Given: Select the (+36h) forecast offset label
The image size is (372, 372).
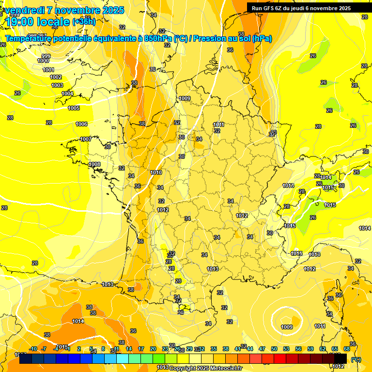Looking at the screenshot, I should pyautogui.click(x=84, y=21).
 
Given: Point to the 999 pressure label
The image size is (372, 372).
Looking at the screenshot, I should pyautogui.click(x=46, y=56).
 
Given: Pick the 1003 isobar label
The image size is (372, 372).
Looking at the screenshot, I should pyautogui.click(x=57, y=85).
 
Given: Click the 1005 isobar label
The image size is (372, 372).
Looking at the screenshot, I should pyautogui.click(x=74, y=108).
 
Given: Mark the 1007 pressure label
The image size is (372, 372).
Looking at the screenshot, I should pyautogui.click(x=86, y=139).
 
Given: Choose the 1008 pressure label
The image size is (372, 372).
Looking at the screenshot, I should pyautogui.click(x=94, y=164).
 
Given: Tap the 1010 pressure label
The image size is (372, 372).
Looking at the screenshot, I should pyautogui.click(x=156, y=172).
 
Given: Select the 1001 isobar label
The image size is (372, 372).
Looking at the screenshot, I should pyautogui.click(x=48, y=70).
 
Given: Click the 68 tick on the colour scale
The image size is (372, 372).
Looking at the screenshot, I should pyautogui.click(x=347, y=349).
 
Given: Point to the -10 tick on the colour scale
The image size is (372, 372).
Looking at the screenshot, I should pyautogui.click(x=33, y=349).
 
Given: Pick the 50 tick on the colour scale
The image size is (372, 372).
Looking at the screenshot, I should pyautogui.click(x=274, y=349).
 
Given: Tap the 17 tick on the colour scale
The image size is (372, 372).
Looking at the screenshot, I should pyautogui.click(x=141, y=349).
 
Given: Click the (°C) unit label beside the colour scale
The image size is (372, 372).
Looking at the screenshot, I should pyautogui.click(x=356, y=359).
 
